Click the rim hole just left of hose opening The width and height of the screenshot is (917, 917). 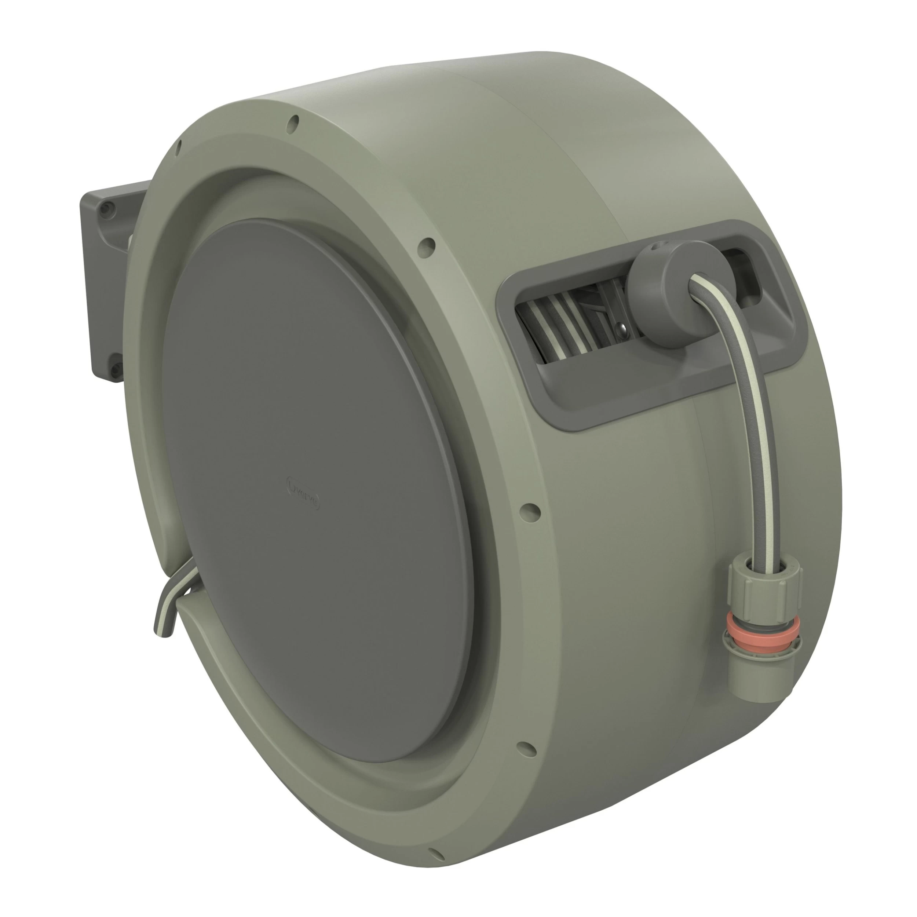click(426, 246)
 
